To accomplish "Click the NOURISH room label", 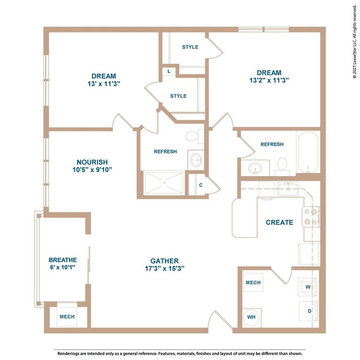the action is pos(92,162).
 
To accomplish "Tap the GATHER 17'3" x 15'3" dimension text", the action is pos(165,268).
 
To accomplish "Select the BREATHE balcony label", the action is pos(63,260).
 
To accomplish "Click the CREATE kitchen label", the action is pos(279,222).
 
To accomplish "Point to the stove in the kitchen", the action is pos(311,217).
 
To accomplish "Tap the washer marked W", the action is pos(307,287).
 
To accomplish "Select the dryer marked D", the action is pos(309,311).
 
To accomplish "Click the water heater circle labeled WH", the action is pos(251,317).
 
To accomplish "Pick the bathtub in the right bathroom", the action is pos(308,152).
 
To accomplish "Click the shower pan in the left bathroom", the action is pos(164,183).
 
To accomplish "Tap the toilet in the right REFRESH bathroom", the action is pos(282,166).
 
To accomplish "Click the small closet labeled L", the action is pos(169,71).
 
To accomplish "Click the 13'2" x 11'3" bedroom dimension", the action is pos(269,81).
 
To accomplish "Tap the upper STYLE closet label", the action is pos(190,47).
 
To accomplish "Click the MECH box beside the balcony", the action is pos(67,317).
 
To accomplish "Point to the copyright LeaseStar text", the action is pos(355,41).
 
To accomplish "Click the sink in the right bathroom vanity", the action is pos(255,168).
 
